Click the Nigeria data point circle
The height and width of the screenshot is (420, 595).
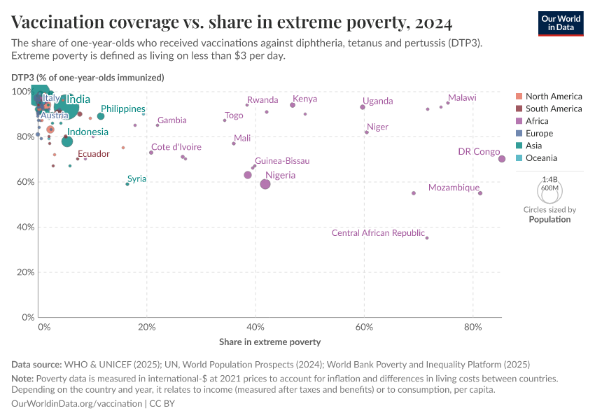(265, 184)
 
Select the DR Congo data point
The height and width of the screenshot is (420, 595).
(502, 159)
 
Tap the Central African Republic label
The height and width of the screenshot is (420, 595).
(378, 233)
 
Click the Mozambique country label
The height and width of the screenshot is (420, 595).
(454, 188)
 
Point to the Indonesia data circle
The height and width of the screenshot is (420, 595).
(67, 141)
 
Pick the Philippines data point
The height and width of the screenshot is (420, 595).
(101, 116)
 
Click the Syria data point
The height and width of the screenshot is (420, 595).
(127, 184)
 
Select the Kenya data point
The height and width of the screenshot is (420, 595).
(293, 105)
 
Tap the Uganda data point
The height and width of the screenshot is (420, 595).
(363, 107)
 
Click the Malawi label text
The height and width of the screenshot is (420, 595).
(462, 98)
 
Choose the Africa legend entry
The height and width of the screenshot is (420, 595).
(538, 121)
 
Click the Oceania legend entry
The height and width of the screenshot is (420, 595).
(542, 158)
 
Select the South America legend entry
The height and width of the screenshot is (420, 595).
(553, 108)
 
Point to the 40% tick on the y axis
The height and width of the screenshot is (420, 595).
(24, 227)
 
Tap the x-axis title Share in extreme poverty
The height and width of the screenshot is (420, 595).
(269, 342)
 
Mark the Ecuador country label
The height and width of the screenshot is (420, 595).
(93, 154)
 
